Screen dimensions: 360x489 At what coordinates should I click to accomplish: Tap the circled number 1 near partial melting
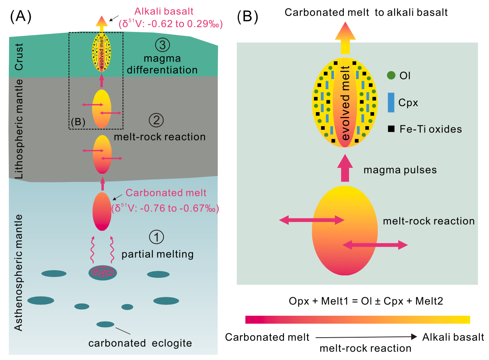point(156,237)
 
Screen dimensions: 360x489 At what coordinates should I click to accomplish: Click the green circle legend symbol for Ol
point(391,75)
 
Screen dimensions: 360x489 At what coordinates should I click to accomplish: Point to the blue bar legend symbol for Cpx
point(391,103)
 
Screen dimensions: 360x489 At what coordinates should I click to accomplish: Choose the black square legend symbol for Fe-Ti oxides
point(391,129)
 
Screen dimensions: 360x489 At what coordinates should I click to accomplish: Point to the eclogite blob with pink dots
point(103,273)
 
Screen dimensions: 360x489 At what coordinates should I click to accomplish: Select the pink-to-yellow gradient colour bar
point(357,319)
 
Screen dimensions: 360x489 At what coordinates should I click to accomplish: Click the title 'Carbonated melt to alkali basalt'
point(366,12)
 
